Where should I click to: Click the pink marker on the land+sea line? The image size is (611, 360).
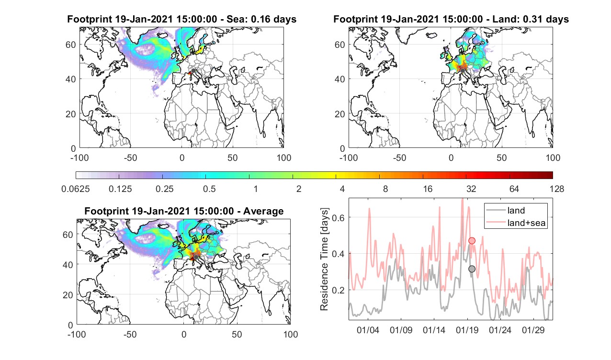[x=472, y=240]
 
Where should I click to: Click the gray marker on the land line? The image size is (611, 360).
[x=472, y=269]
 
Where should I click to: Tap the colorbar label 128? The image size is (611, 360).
[x=557, y=189]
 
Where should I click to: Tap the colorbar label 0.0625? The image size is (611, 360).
[x=75, y=189]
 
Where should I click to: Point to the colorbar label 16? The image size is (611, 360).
[x=428, y=189]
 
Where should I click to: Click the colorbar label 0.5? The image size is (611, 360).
[x=209, y=189]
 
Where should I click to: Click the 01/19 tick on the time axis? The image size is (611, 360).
[x=467, y=330]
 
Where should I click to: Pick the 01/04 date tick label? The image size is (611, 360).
[x=368, y=330]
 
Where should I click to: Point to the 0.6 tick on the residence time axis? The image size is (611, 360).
[x=338, y=218]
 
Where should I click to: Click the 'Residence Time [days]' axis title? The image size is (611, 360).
[x=324, y=259]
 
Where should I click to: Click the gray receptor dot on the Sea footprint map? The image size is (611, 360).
[x=193, y=71]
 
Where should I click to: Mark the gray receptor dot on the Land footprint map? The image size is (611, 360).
[x=463, y=71]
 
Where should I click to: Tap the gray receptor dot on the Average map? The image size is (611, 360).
[x=196, y=257]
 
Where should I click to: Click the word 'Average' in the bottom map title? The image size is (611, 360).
[x=263, y=211]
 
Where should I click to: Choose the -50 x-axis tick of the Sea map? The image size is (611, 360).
[x=131, y=158]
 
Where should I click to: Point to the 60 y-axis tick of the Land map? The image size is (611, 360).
[x=340, y=45]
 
